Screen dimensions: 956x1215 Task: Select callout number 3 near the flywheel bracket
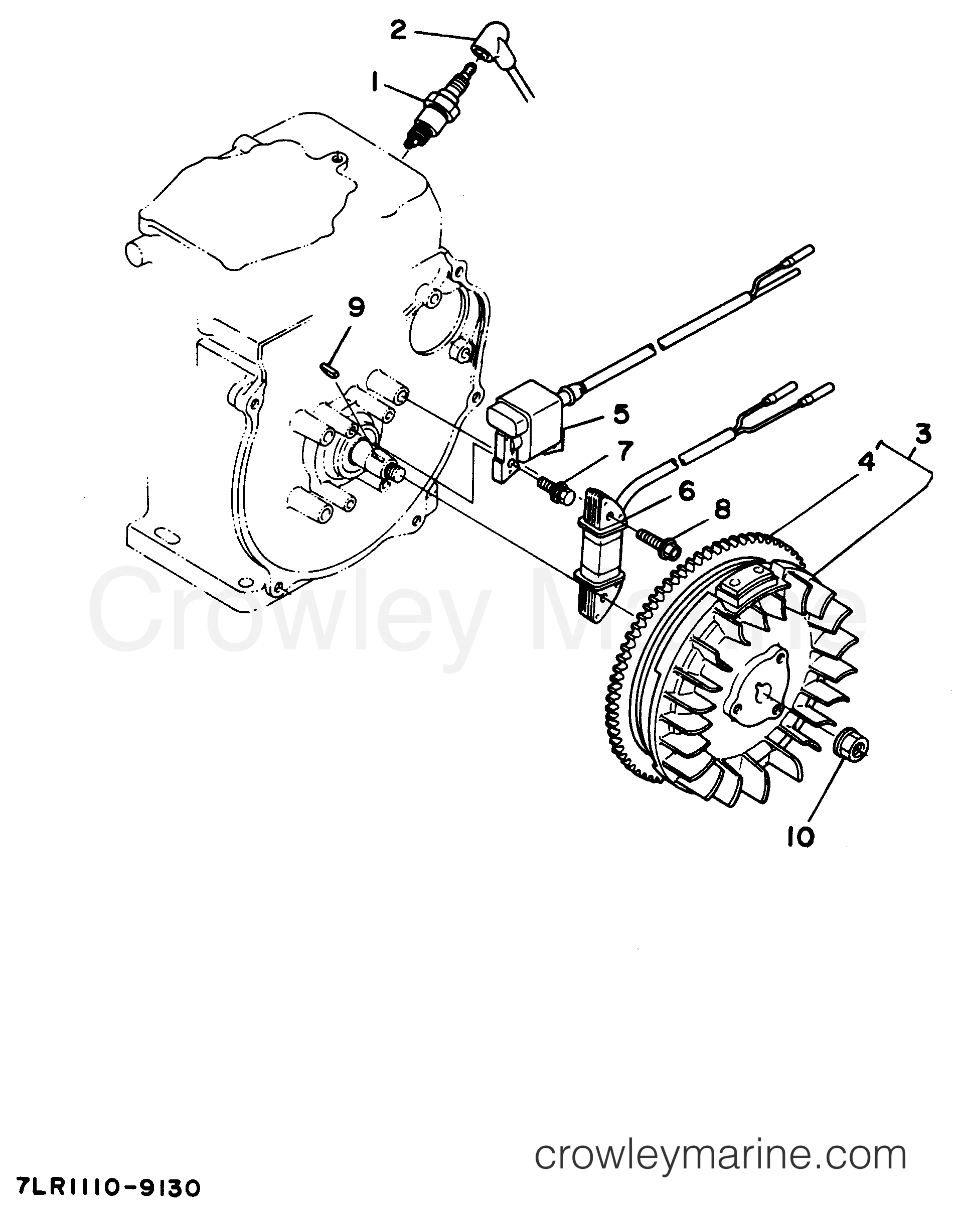[x=918, y=435]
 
